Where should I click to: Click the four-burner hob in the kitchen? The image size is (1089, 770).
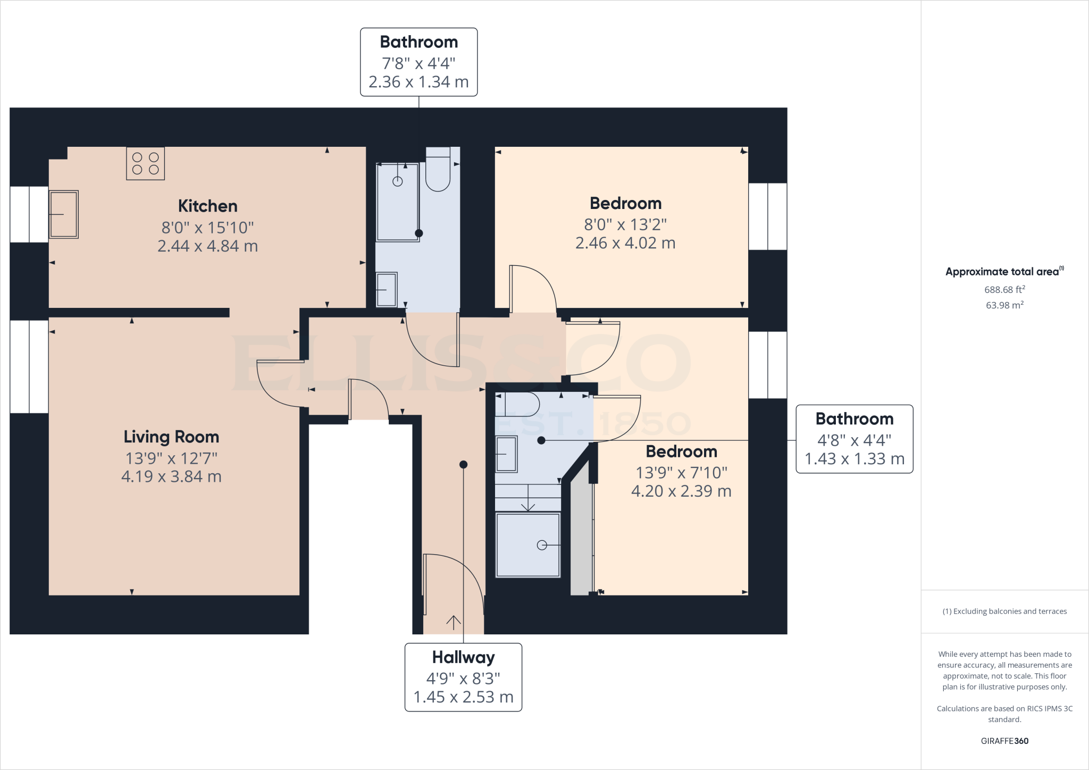click(x=145, y=164)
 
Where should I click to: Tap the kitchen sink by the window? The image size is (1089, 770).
click(x=64, y=214)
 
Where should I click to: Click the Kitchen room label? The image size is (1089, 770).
click(x=207, y=206)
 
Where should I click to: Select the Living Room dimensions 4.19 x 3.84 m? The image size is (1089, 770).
click(x=171, y=476)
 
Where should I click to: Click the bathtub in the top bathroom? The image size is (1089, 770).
click(x=397, y=202)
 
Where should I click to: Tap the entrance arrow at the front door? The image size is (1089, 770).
click(x=454, y=622)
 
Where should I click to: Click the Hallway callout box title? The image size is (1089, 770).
click(x=463, y=657)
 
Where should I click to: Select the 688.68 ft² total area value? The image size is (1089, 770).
click(x=1004, y=290)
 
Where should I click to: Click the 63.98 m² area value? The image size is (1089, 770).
click(x=1004, y=305)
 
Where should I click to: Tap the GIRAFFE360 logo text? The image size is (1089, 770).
click(x=1004, y=741)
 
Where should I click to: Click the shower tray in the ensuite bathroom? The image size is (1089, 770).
click(x=527, y=545)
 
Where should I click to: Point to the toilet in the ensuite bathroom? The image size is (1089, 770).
click(x=518, y=405)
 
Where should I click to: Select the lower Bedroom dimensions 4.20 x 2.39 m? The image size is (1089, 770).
click(x=681, y=491)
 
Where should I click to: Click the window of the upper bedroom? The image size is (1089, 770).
click(x=767, y=216)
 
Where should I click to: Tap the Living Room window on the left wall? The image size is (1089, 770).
click(x=29, y=366)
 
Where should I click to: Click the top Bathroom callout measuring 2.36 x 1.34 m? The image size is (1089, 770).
click(x=418, y=82)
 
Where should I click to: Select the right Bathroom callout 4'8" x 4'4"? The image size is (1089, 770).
click(x=854, y=440)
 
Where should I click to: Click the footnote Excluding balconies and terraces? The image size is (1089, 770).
click(x=1004, y=612)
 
